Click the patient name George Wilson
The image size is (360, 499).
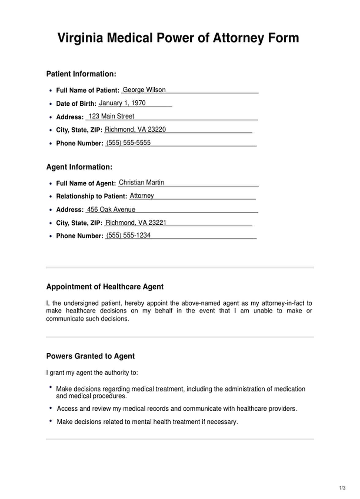[x=144, y=90]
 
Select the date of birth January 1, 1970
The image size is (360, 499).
[x=122, y=103]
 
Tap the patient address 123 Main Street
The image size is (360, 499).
[x=111, y=116]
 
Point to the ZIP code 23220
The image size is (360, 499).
[x=157, y=129]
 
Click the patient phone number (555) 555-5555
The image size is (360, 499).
[x=128, y=143]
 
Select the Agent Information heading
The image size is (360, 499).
[x=79, y=167]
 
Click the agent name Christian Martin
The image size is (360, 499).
[x=141, y=182]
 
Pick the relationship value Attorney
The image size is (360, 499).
[x=142, y=196]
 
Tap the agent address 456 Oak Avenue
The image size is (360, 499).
[x=111, y=209]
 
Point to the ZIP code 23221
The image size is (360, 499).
[x=157, y=223]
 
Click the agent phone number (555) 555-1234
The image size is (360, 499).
[x=128, y=235]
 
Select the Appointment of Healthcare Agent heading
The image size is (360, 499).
[x=105, y=287]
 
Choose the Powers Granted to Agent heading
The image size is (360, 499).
[x=90, y=356]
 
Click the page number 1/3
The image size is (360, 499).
[x=342, y=488]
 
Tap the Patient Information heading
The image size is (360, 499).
[x=81, y=74]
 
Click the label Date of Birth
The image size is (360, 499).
[x=76, y=104]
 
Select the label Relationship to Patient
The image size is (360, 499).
[x=91, y=196]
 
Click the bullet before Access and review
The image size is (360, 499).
[x=51, y=408]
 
